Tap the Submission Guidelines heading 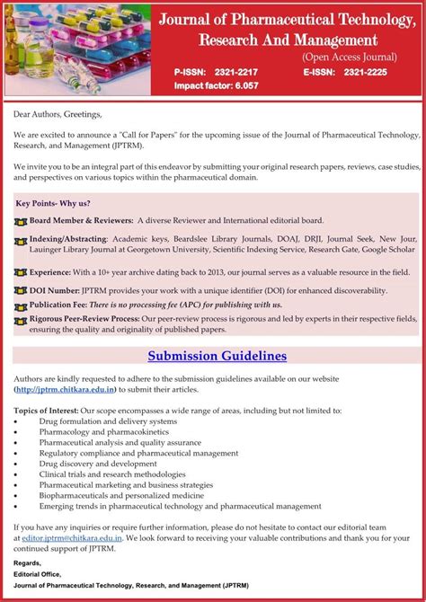pyautogui.click(x=217, y=356)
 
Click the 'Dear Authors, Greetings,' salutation pyautogui.click(x=58, y=114)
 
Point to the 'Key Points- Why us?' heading pyautogui.click(x=53, y=203)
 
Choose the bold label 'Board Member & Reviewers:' pyautogui.click(x=82, y=220)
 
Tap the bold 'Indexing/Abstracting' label pyautogui.click(x=68, y=238)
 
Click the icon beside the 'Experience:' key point pyautogui.click(x=21, y=271)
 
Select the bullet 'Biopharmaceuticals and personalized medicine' pyautogui.click(x=121, y=495)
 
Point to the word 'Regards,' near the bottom pyautogui.click(x=29, y=562)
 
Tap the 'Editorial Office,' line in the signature pyautogui.click(x=40, y=573)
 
